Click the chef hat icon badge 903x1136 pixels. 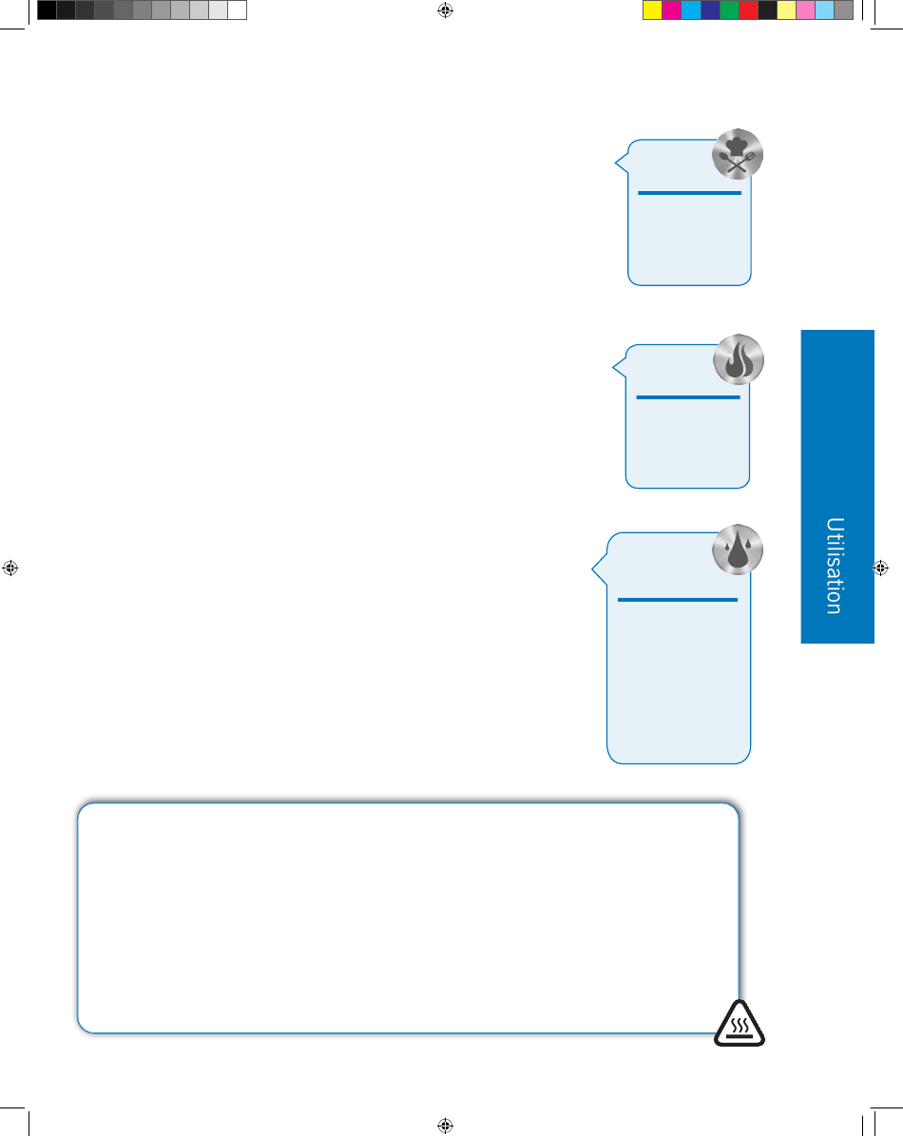click(x=738, y=154)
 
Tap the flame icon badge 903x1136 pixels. click(x=739, y=359)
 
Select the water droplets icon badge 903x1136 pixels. click(x=738, y=549)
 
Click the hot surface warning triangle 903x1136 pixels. click(x=740, y=1024)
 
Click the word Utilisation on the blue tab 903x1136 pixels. click(x=835, y=566)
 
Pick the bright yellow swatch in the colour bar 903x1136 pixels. click(x=652, y=10)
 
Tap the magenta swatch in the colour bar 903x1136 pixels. click(x=671, y=10)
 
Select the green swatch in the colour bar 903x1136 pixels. click(x=729, y=10)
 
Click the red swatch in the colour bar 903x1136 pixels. click(x=748, y=10)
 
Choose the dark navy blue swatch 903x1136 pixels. click(x=710, y=10)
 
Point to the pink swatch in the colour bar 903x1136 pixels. click(x=805, y=10)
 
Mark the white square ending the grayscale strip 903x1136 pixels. click(x=238, y=10)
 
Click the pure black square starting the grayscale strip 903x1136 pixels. click(x=48, y=10)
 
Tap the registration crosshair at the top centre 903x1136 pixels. click(x=446, y=10)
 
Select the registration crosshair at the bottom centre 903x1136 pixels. click(x=446, y=1126)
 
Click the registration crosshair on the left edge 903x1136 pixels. click(x=10, y=568)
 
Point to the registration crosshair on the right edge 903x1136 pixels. click(x=880, y=568)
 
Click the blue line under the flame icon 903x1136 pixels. click(x=688, y=397)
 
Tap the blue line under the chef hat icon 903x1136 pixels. click(x=689, y=193)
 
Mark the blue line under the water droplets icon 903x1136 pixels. click(x=678, y=600)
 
